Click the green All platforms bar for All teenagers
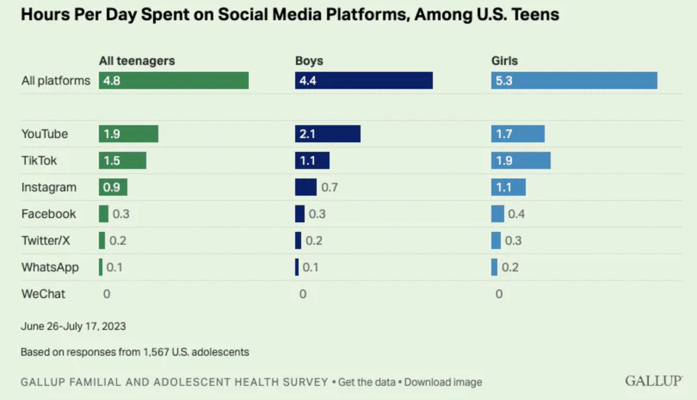(174, 81)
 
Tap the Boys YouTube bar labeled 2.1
(328, 134)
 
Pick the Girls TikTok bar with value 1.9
(520, 161)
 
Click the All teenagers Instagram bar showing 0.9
(113, 187)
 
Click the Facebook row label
(49, 214)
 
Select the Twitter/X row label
(45, 240)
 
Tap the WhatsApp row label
(50, 267)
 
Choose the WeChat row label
(43, 294)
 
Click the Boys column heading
(309, 60)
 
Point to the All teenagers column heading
(137, 60)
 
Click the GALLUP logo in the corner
(653, 381)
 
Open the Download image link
(443, 382)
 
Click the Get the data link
(368, 382)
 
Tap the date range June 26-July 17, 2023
(73, 326)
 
